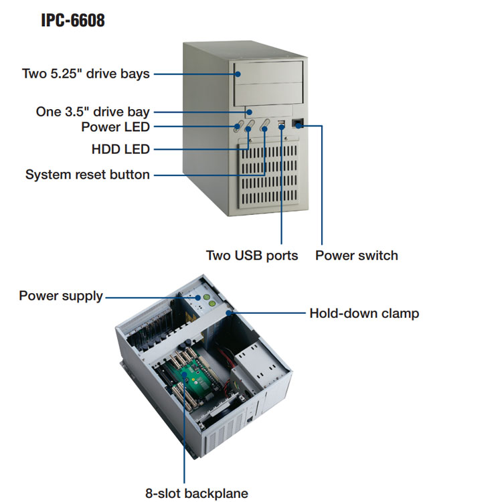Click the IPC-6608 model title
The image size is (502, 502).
(x=73, y=20)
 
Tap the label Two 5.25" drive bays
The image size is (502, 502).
(x=86, y=74)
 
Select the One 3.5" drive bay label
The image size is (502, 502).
(x=92, y=112)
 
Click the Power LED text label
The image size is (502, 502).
(x=115, y=127)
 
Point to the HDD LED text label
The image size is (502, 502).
(x=120, y=149)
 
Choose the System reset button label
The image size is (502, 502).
(x=88, y=175)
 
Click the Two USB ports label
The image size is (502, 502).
(x=252, y=256)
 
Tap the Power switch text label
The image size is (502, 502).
(x=357, y=256)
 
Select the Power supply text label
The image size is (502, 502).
(x=61, y=296)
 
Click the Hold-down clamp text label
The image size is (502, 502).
(x=364, y=313)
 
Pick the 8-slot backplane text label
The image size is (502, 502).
(x=197, y=493)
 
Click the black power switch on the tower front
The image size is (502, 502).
(x=298, y=123)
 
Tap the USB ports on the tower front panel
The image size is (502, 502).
(x=281, y=124)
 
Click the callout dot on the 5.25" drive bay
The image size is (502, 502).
(x=238, y=74)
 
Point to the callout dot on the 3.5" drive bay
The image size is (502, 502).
(x=249, y=112)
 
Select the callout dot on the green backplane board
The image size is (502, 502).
(x=185, y=375)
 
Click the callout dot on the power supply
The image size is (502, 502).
(x=198, y=297)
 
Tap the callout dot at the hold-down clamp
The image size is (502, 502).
(x=229, y=313)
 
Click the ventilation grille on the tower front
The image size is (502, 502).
(x=268, y=175)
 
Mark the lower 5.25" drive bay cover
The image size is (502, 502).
(x=269, y=94)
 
